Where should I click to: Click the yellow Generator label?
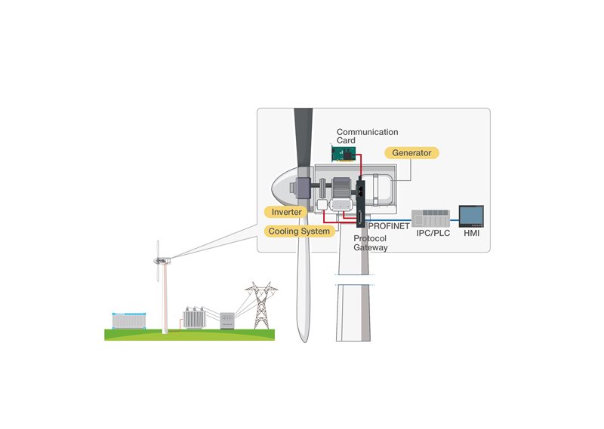click(x=411, y=153)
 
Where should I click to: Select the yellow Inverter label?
click(x=286, y=212)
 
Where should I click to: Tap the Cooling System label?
click(x=299, y=231)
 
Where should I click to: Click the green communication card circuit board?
click(x=344, y=154)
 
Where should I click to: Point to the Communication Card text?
click(x=367, y=136)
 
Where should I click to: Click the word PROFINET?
click(x=389, y=226)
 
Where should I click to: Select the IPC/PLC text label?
click(x=433, y=233)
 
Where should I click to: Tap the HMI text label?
click(x=471, y=233)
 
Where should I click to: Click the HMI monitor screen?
click(x=471, y=216)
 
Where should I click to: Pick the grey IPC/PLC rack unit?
click(x=430, y=218)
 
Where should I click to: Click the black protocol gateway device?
click(x=361, y=202)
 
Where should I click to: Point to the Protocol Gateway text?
click(x=370, y=244)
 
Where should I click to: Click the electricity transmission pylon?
click(x=261, y=305)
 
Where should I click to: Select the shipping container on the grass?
click(x=129, y=321)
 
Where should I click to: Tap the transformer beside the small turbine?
click(x=194, y=318)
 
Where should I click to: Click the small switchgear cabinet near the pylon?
click(x=227, y=321)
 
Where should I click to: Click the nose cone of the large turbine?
click(x=285, y=188)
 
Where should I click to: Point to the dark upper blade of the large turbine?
click(x=304, y=139)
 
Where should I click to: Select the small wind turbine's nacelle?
click(x=162, y=261)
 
